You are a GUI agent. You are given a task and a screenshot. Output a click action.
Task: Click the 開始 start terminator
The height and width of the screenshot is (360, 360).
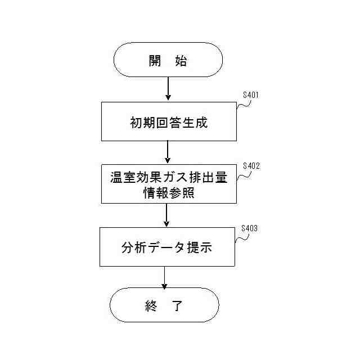pyautogui.click(x=168, y=60)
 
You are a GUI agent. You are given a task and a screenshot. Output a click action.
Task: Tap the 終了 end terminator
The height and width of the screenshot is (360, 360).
pyautogui.click(x=164, y=305)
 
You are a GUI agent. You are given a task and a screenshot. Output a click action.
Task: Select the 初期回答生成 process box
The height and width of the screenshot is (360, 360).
pyautogui.click(x=167, y=121)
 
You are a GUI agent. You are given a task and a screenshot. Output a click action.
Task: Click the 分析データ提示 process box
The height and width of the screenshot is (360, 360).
pyautogui.click(x=166, y=246)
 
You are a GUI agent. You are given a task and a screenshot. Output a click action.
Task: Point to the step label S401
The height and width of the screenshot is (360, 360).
pyautogui.click(x=250, y=95)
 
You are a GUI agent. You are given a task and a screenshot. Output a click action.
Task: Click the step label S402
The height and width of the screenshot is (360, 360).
pyautogui.click(x=250, y=166)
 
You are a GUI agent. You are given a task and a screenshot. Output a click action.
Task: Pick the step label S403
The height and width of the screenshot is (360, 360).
pyautogui.click(x=249, y=228)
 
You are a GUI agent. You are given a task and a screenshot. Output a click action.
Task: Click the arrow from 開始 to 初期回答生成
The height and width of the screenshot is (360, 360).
pyautogui.click(x=168, y=89)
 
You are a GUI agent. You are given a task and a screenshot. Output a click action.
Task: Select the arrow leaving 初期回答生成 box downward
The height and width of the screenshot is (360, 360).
pyautogui.click(x=168, y=152)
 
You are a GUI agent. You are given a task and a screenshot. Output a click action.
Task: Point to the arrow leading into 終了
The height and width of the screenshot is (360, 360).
pyautogui.click(x=165, y=277)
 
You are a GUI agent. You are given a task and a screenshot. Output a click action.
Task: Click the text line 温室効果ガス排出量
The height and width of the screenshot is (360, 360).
pyautogui.click(x=167, y=177)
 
